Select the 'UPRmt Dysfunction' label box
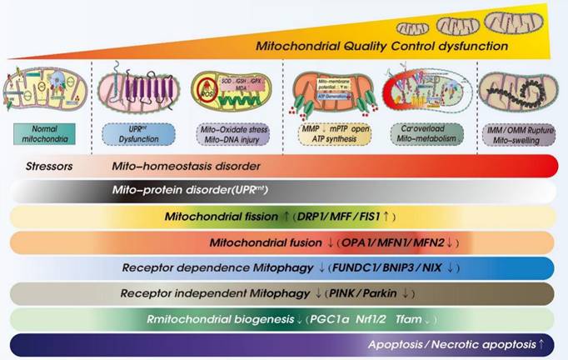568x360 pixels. pyautogui.click(x=130, y=133)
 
